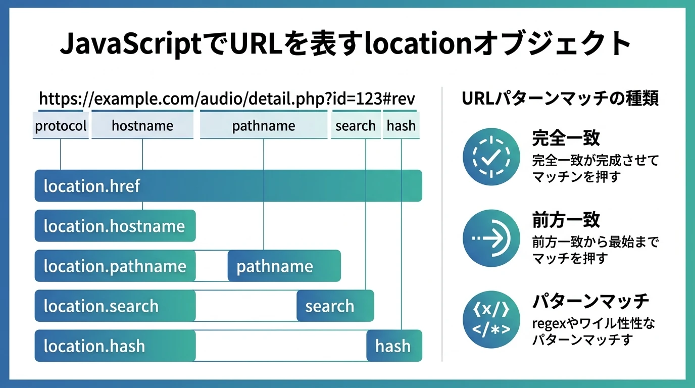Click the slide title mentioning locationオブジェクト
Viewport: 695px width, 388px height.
(x=346, y=44)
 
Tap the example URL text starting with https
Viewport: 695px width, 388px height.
(x=227, y=99)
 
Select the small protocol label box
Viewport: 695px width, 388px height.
(x=61, y=126)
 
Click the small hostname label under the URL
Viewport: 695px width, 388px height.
(x=142, y=126)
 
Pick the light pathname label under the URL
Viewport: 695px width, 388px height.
(x=264, y=126)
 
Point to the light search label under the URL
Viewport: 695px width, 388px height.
(x=356, y=126)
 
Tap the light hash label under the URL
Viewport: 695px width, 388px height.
(x=401, y=126)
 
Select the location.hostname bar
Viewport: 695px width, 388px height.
(x=115, y=226)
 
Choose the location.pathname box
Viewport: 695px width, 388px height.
(x=115, y=266)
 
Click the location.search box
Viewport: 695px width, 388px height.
(x=115, y=306)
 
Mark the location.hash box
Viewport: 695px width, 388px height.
(x=115, y=346)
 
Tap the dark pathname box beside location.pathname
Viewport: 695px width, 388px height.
(x=284, y=266)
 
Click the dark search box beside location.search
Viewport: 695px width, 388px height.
(x=335, y=306)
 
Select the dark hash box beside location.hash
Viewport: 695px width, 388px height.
(x=394, y=346)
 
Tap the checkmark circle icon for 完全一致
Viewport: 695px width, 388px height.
(x=491, y=157)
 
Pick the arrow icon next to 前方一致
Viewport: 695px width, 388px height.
(x=491, y=238)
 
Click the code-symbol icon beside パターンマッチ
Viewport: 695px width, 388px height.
(x=491, y=319)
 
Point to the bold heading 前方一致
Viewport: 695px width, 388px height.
(x=566, y=220)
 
